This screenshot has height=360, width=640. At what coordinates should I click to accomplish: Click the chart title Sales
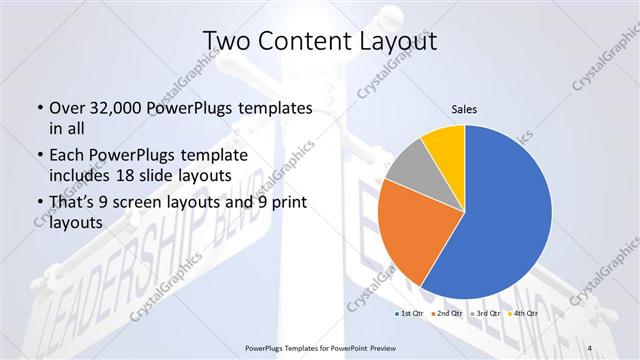(x=464, y=107)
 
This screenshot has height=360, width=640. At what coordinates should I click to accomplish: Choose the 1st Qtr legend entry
(x=410, y=313)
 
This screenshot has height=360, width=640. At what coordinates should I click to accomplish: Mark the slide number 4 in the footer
(x=589, y=347)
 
